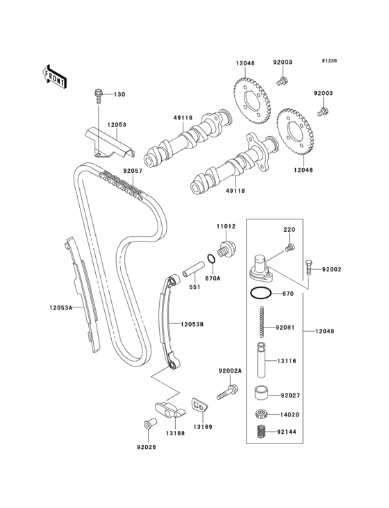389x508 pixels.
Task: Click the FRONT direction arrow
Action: (54, 76)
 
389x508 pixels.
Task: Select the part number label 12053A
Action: (61, 307)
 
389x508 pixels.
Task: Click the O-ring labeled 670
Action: (260, 294)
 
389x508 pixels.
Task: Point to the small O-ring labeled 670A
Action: (211, 259)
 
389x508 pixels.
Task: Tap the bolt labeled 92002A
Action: (228, 391)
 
